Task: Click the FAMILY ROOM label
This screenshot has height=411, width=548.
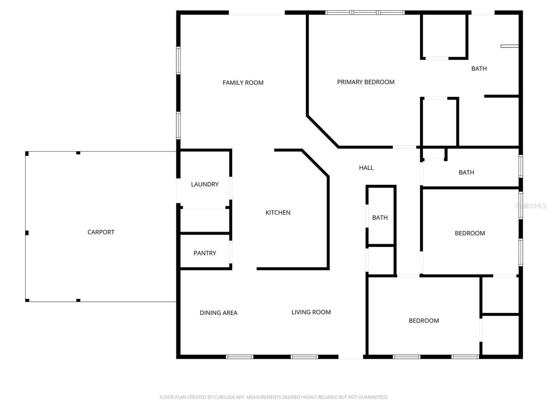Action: point(243,83)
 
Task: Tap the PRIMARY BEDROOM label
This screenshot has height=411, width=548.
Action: point(366,82)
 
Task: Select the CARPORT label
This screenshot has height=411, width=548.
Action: point(101,232)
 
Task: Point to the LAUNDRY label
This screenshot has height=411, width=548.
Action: point(205,184)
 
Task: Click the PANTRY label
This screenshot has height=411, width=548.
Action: point(205,253)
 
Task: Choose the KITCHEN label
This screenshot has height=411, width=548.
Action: point(278,212)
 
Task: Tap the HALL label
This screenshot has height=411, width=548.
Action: point(366,168)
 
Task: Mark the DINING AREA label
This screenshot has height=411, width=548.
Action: point(218,313)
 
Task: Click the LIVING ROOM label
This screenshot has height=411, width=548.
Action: point(311,312)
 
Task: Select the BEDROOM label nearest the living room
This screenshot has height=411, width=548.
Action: point(423,321)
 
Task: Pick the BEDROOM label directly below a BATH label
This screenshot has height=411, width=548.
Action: point(470,233)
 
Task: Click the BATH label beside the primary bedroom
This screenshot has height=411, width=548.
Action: point(479,68)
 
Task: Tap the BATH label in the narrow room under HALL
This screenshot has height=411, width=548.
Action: point(380,217)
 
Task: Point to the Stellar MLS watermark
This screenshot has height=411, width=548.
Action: point(531,206)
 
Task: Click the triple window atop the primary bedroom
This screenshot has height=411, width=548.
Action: point(365,13)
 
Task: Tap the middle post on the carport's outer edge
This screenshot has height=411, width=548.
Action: point(27,233)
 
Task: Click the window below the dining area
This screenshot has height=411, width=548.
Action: point(239,357)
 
